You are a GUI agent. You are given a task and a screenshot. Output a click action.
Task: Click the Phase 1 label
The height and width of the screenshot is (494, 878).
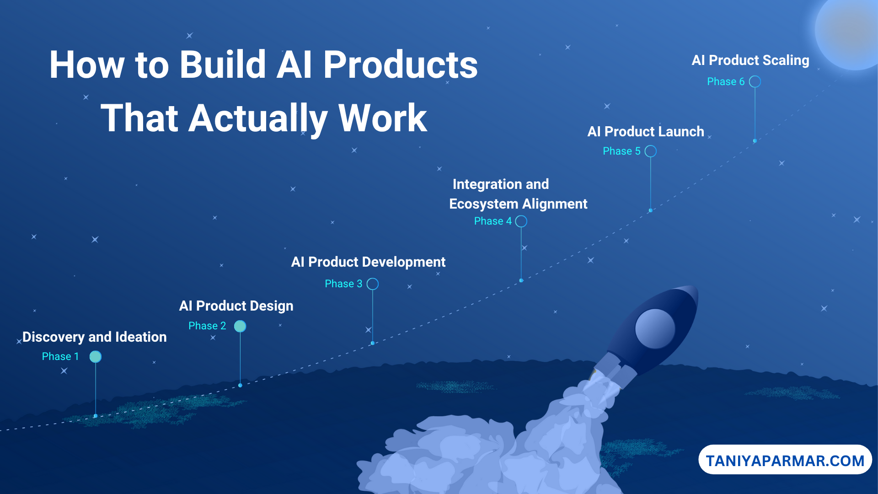60,356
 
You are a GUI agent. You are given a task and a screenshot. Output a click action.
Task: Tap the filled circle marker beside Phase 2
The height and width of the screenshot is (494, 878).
240,326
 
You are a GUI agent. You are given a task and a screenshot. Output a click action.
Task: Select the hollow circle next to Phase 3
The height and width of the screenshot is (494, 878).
373,284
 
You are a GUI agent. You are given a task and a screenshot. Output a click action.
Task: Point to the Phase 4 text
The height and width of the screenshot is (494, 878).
493,221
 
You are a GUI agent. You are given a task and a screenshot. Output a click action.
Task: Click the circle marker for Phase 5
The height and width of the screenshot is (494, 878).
651,151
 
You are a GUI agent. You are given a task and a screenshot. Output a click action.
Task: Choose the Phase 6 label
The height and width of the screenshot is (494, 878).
726,81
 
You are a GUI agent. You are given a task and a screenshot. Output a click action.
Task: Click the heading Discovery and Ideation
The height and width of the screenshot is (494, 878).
95,337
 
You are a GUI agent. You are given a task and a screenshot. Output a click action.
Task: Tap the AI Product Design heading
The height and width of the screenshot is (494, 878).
236,306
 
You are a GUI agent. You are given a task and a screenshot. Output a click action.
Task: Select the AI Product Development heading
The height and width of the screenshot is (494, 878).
368,262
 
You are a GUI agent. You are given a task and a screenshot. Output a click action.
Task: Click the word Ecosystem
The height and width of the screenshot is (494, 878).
484,204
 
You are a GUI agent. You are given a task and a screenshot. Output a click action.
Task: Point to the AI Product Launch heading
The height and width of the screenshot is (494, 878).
646,132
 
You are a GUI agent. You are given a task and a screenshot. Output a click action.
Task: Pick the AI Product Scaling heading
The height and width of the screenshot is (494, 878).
750,60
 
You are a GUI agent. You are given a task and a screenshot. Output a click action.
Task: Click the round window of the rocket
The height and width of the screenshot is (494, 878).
655,329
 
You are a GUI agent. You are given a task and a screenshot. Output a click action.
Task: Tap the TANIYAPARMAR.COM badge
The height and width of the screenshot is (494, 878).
785,460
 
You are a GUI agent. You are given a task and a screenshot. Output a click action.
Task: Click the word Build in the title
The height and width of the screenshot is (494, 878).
223,64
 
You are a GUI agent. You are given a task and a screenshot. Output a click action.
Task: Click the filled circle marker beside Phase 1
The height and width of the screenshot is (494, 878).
96,357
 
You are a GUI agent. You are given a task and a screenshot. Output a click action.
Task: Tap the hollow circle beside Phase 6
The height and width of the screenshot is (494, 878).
755,82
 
